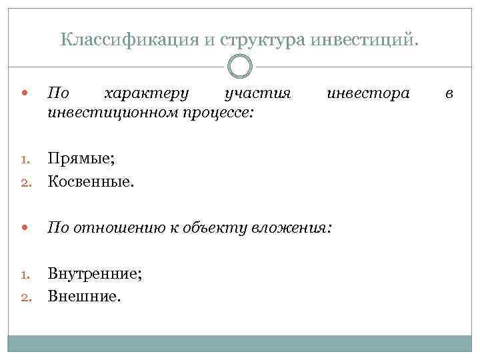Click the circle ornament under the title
click(x=240, y=67)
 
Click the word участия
click(x=258, y=93)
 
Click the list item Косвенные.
click(x=90, y=180)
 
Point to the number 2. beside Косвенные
click(x=26, y=181)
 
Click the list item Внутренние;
click(x=94, y=273)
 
